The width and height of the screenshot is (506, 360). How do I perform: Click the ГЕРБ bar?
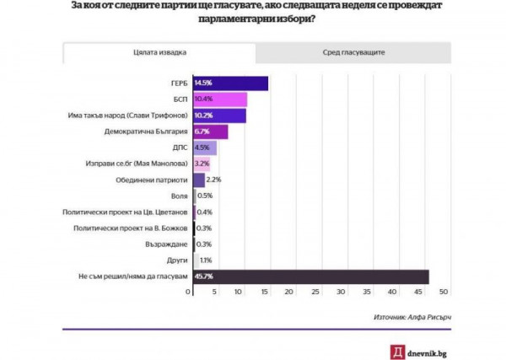(231, 83)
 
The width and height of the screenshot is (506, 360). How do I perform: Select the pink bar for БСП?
(220, 99)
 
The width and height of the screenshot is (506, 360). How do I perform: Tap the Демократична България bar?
(211, 132)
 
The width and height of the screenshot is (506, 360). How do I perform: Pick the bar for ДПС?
(205, 148)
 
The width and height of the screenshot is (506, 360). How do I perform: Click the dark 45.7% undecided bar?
(311, 277)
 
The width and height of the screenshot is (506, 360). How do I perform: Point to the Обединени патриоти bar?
(199, 180)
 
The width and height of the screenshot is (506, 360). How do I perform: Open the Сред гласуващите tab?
(353, 52)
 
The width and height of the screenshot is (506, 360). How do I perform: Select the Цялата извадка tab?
(159, 52)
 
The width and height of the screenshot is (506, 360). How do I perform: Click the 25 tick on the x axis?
(315, 292)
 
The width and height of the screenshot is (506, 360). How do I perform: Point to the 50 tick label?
(444, 292)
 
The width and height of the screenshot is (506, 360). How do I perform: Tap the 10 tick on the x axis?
(238, 292)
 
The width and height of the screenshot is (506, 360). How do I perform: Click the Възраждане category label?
(166, 244)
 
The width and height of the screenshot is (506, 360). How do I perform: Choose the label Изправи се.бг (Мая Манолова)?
(137, 164)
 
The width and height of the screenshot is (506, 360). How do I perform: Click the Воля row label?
(179, 196)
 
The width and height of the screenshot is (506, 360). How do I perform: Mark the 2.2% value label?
(213, 180)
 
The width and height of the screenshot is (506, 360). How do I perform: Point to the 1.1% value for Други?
(206, 261)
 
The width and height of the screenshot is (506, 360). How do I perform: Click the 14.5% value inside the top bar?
(203, 83)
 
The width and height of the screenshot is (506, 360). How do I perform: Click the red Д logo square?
(397, 352)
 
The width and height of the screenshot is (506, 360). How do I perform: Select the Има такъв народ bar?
(219, 116)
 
